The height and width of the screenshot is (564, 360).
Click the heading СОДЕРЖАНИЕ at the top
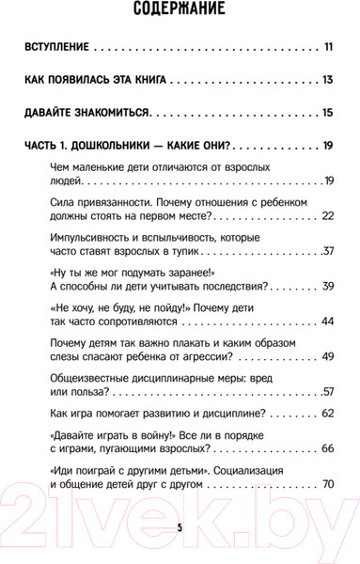click(180, 12)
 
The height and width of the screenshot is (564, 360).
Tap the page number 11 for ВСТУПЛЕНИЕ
click(328, 46)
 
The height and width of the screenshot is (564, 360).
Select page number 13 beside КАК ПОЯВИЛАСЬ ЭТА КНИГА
click(327, 80)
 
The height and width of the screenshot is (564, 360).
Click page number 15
click(327, 114)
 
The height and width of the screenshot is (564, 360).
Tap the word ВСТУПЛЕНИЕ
click(56, 46)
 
